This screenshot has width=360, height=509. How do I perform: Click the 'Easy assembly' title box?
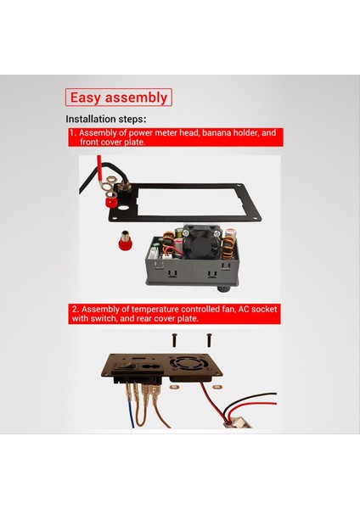coord(119,98)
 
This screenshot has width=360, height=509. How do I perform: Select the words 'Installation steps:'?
coord(106,119)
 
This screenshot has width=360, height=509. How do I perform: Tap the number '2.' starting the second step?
coord(76,310)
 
